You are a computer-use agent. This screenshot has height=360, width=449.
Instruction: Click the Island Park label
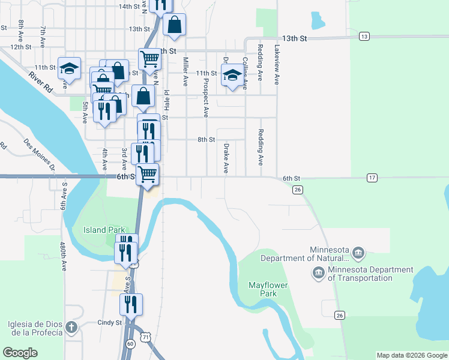[x=104, y=230]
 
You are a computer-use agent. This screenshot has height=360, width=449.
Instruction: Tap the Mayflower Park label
[x=268, y=289]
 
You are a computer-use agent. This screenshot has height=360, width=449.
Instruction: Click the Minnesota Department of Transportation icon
[x=318, y=274]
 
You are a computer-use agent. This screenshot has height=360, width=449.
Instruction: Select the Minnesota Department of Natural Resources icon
[x=358, y=251]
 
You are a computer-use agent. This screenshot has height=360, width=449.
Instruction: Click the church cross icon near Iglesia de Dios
[x=71, y=328]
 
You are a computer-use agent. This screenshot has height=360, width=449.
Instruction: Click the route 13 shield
[x=364, y=37]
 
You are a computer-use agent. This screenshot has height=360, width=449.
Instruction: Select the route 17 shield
[x=373, y=178]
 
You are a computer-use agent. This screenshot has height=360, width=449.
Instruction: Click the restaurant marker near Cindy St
[x=131, y=305]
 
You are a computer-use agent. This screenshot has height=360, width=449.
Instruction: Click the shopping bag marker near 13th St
[x=175, y=25]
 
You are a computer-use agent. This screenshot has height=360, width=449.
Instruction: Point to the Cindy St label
[x=109, y=323]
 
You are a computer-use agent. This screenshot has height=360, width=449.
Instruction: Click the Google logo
[x=20, y=353]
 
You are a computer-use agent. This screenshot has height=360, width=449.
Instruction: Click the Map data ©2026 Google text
[x=411, y=355]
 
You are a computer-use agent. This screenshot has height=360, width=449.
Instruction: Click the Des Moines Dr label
[x=39, y=155]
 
